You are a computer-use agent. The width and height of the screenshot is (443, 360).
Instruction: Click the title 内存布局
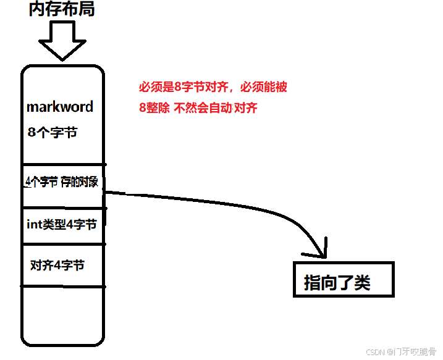(x=62, y=9)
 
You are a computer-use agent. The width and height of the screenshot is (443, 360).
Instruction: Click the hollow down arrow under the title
(x=62, y=40)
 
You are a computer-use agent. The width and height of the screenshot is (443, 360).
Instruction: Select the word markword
(x=60, y=107)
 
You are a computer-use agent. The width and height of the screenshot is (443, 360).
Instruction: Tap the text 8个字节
(x=53, y=132)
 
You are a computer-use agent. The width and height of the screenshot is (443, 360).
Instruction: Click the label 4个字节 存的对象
(x=62, y=182)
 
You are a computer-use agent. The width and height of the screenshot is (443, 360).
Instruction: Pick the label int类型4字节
(x=61, y=225)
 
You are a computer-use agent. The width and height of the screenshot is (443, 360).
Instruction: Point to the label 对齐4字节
(x=57, y=266)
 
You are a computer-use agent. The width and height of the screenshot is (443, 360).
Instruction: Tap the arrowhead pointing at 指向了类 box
(x=321, y=249)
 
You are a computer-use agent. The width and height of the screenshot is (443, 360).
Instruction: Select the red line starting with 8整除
(x=198, y=108)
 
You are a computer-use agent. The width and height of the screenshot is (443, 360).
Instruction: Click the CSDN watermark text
(x=401, y=352)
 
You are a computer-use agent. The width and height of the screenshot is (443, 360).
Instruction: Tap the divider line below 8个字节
(x=62, y=165)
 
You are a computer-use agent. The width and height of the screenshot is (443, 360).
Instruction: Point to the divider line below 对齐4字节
(x=62, y=287)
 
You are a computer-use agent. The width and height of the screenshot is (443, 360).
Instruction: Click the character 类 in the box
(x=362, y=283)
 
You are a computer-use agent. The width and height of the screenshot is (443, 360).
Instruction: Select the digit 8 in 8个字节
(x=32, y=132)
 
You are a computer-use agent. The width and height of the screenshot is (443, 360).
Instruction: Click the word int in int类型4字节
(x=33, y=225)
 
